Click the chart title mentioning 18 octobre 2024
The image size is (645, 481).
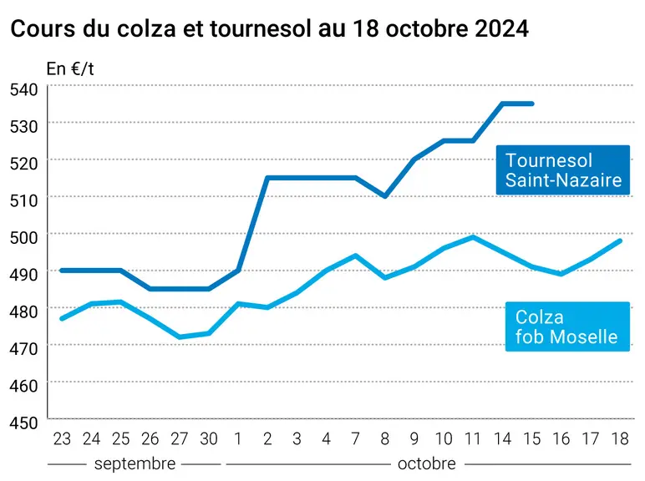[x=269, y=28]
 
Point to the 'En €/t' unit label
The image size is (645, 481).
[x=70, y=68]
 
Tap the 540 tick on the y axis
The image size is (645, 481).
[x=24, y=89]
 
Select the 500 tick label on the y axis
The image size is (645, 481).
[x=24, y=237]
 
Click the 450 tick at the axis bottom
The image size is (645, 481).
[x=24, y=423]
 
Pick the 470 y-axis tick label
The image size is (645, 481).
[x=24, y=348]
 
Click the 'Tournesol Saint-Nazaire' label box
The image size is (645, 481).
[x=563, y=170]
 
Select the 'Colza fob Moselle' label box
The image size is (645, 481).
[x=567, y=327]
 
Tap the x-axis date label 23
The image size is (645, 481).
[x=62, y=439]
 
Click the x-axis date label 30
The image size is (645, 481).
[x=209, y=439]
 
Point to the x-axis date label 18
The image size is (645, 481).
[x=620, y=439]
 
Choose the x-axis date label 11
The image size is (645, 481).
[x=473, y=439]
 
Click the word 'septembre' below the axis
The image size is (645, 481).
[x=135, y=464]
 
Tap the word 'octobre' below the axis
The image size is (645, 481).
[x=427, y=463]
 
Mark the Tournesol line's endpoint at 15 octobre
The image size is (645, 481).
[x=532, y=104]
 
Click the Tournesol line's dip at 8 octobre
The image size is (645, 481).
[x=385, y=196]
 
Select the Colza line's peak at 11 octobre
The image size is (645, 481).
[x=473, y=237]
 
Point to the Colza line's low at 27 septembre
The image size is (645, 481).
[x=180, y=337]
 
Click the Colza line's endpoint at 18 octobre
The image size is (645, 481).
[x=620, y=240]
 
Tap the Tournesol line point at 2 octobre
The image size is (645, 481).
[x=267, y=178]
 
